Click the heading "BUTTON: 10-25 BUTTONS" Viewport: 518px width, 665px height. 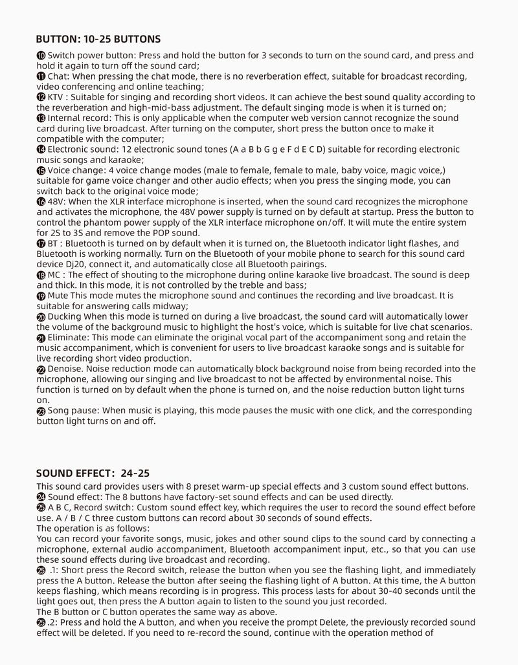[98, 39]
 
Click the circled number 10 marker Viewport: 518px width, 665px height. [41, 56]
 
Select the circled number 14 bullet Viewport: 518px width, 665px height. [41, 149]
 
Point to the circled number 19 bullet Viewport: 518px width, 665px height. [41, 296]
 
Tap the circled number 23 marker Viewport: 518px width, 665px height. [41, 411]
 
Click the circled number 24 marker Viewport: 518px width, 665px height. [41, 497]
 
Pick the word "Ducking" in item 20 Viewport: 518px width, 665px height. [64, 316]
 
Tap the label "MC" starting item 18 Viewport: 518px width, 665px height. [55, 275]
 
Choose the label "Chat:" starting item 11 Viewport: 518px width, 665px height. [59, 76]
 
